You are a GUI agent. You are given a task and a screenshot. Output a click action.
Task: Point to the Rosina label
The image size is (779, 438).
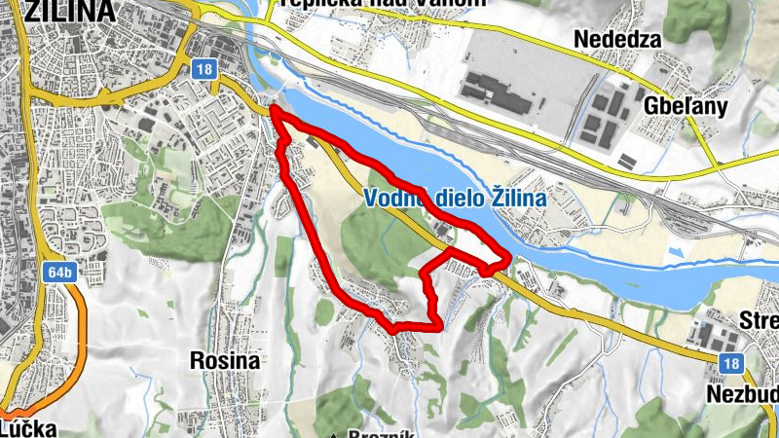click(225, 360)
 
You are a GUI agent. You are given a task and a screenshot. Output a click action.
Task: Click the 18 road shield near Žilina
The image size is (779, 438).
click(203, 68)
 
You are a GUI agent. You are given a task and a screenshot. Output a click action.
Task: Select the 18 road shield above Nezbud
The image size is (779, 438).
click(733, 362)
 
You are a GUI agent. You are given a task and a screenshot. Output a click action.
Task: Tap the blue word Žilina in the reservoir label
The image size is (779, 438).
click(517, 199)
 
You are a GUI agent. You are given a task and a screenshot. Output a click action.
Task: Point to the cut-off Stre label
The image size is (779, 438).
click(760, 321)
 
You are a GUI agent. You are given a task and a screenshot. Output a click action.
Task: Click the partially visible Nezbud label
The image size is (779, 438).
click(745, 393)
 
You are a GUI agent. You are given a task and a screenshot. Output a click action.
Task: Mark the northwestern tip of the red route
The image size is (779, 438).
click(273, 111)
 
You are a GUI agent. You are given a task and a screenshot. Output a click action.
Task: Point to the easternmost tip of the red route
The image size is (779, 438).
click(509, 258)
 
